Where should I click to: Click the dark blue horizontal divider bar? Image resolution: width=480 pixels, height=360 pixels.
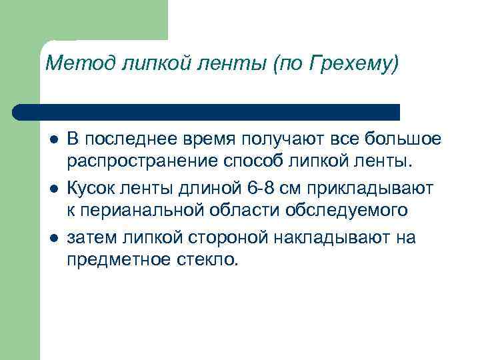pos(207,111)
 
